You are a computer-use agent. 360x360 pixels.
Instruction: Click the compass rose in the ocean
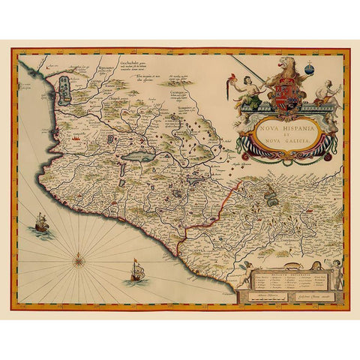click(79, 259)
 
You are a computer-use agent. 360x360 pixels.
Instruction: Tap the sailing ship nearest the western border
click(38, 222)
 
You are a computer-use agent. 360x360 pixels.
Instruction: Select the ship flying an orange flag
click(135, 271)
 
